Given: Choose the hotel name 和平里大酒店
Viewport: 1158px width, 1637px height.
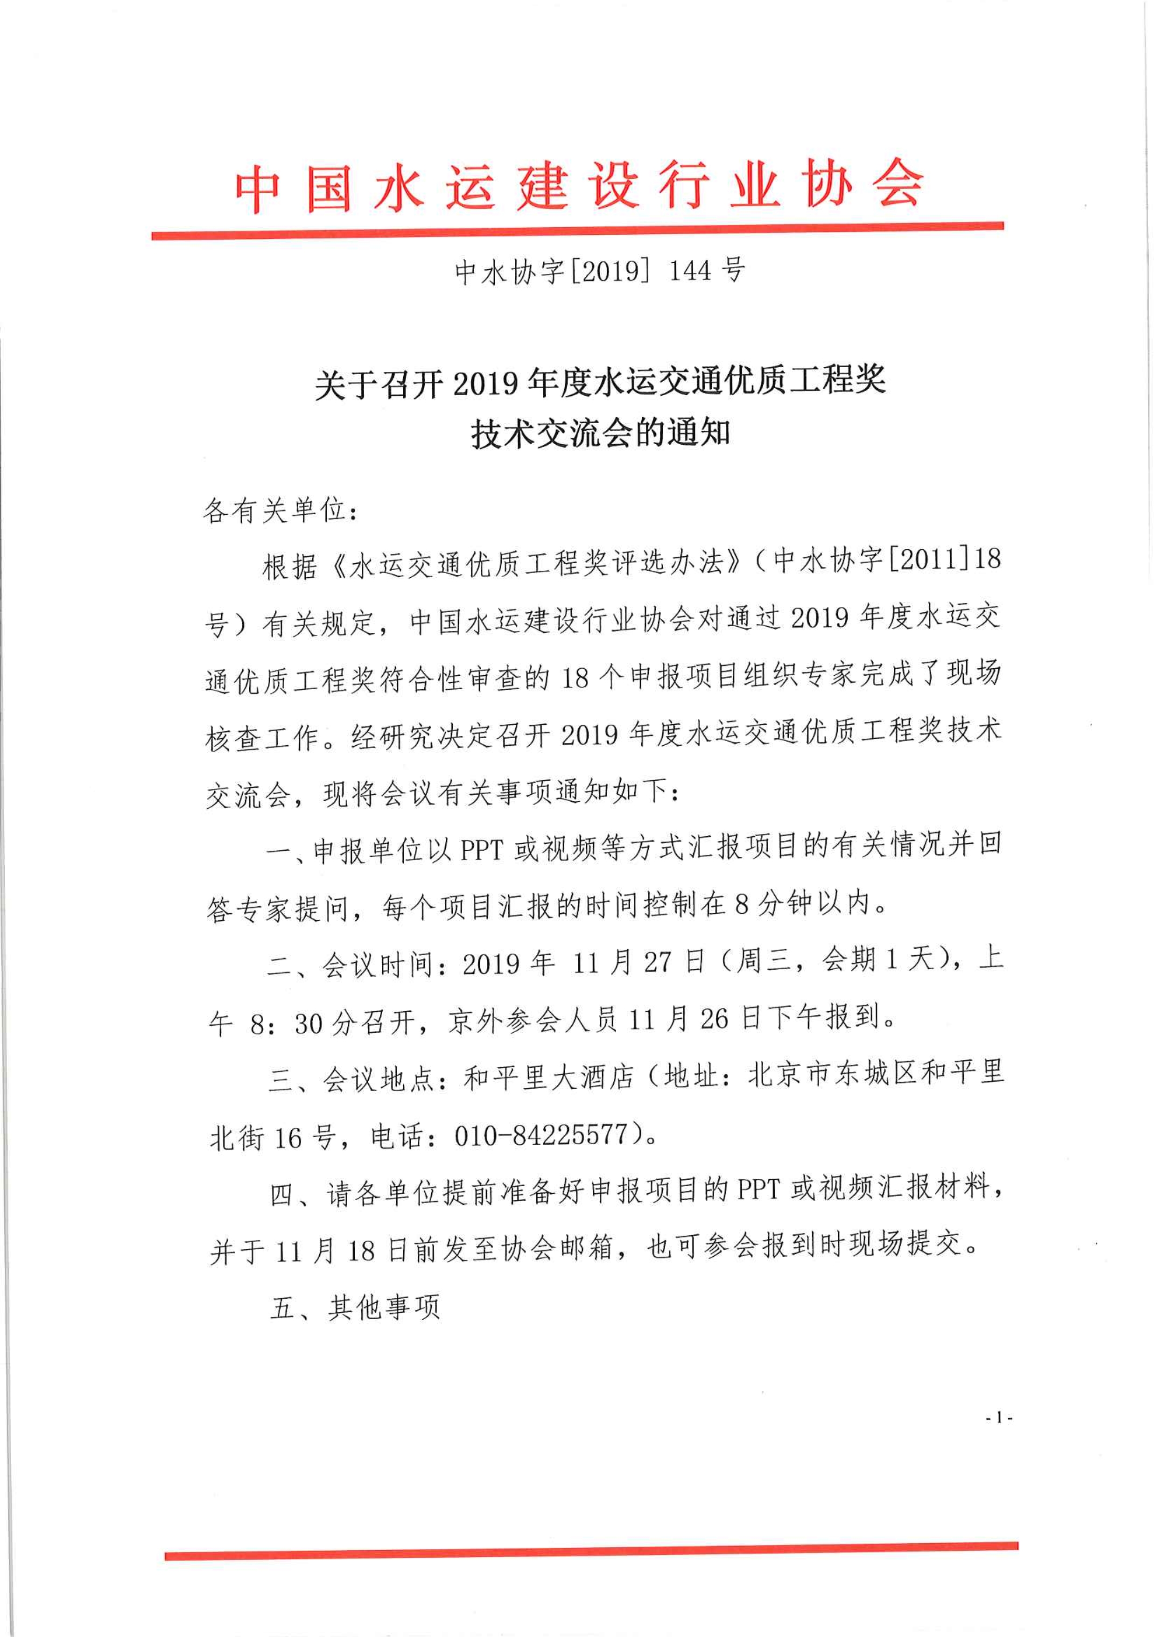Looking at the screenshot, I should coord(549,1078).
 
